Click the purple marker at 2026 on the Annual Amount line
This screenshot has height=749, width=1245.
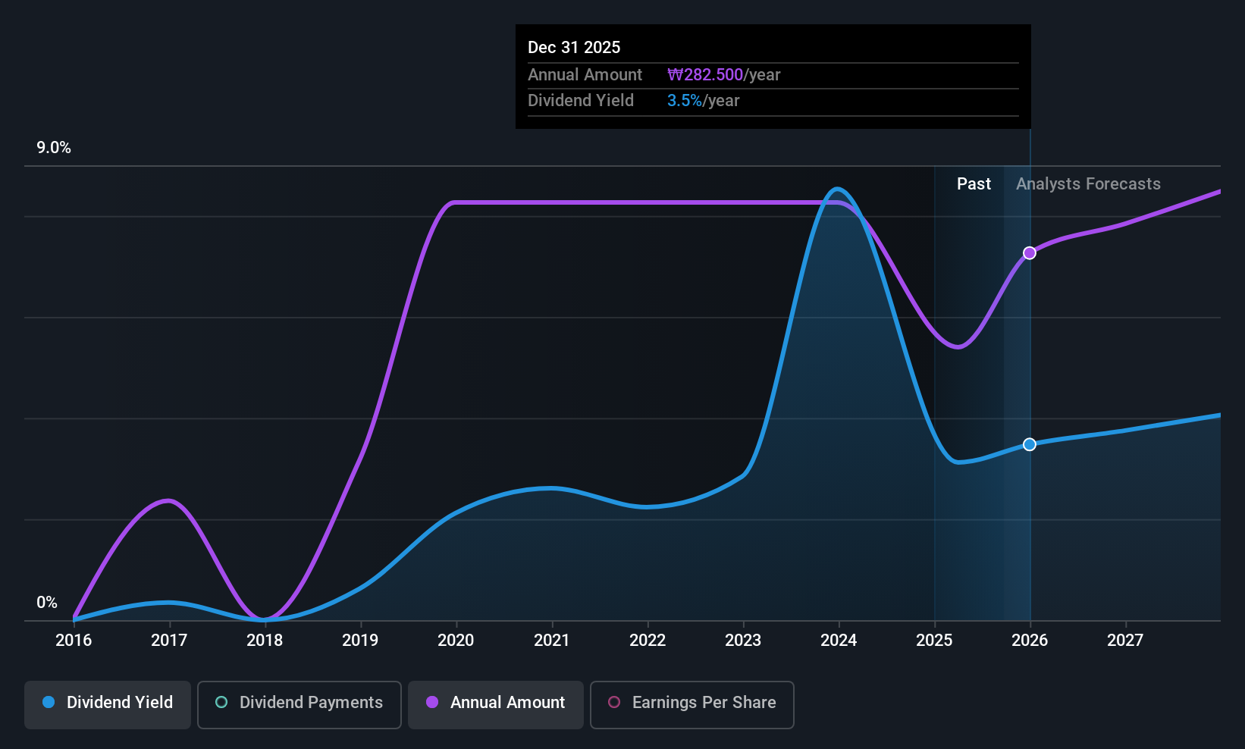click(1030, 252)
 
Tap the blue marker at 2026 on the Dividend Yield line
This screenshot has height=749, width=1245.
click(1030, 444)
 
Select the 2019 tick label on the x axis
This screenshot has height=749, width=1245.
click(360, 640)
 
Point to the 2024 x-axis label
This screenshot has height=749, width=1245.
click(839, 640)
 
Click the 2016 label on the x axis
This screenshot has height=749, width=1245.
click(74, 640)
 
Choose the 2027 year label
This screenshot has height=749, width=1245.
click(1125, 640)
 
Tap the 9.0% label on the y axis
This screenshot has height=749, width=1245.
click(54, 148)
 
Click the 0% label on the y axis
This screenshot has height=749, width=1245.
click(47, 603)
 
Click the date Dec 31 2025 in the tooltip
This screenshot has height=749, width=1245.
click(573, 47)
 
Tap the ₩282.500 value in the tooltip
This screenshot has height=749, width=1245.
click(704, 74)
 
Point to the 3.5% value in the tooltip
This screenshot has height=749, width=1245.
click(684, 101)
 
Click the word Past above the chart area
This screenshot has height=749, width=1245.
click(974, 184)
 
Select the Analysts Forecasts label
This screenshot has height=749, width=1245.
click(1088, 184)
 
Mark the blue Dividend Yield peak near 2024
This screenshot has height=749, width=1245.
click(837, 190)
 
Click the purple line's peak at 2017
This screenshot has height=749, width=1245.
click(168, 501)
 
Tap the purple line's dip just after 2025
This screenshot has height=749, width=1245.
click(958, 346)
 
